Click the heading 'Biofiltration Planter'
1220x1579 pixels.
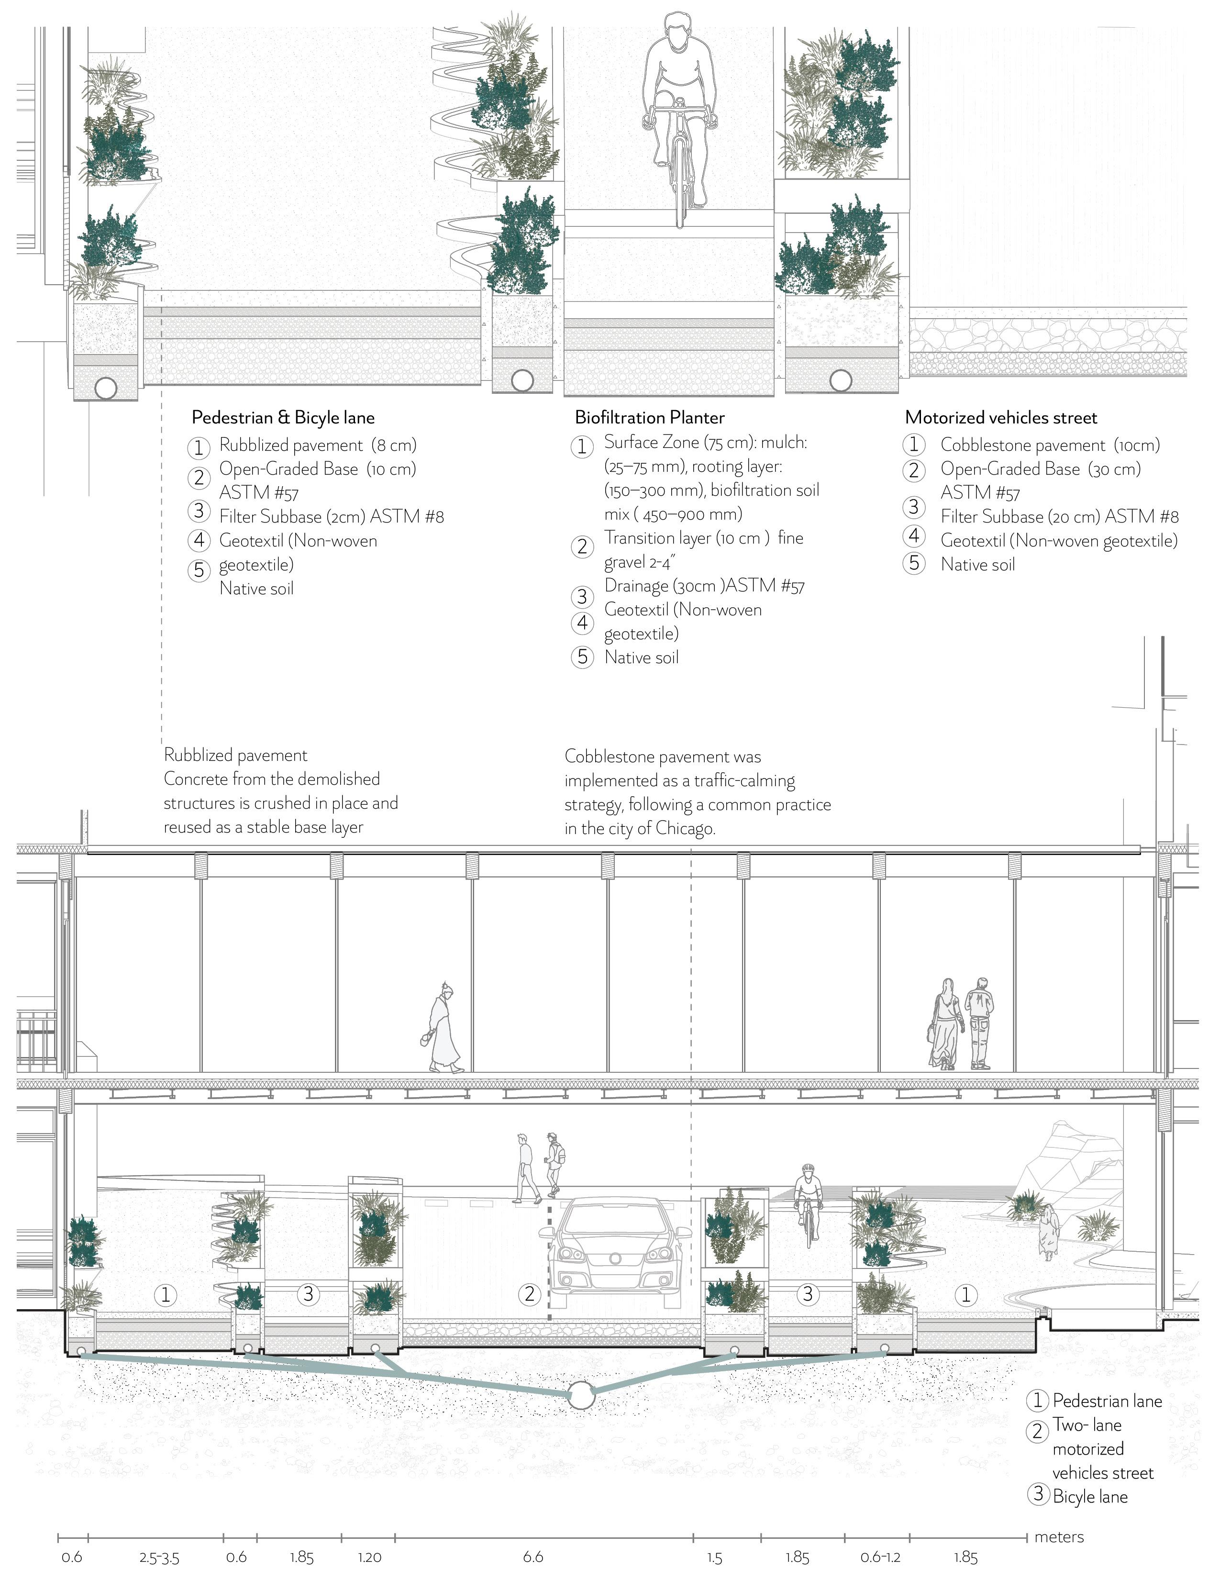pos(649,417)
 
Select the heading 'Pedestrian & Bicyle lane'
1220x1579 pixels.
pos(283,417)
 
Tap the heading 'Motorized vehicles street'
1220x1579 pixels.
pos(1000,417)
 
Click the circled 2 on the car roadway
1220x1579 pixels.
pos(529,1294)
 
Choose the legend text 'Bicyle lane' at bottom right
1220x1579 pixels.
pos(1090,1497)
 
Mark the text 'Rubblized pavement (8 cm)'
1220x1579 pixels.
pos(318,445)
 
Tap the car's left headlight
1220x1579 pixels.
pos(570,1253)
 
